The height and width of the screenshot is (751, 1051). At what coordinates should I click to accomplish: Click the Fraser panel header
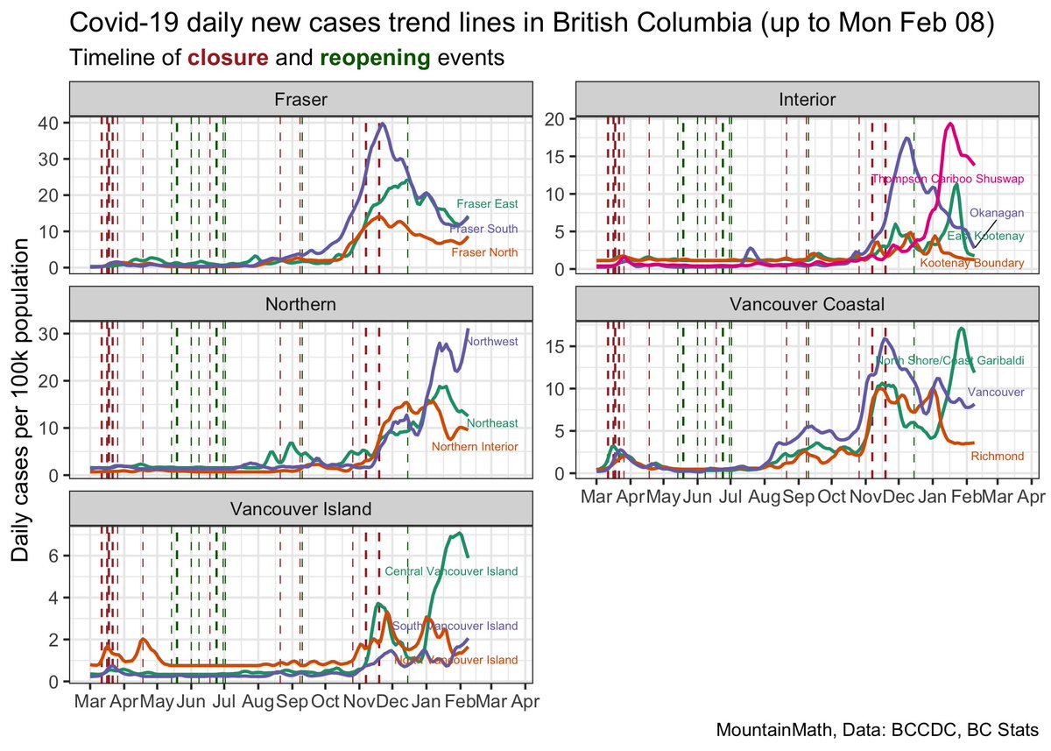[x=300, y=99]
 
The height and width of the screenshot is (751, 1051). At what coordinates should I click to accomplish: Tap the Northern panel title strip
[x=300, y=304]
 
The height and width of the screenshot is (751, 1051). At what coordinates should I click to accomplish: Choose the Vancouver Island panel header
[x=300, y=509]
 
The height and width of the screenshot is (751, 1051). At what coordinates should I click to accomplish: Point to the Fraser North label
[x=484, y=252]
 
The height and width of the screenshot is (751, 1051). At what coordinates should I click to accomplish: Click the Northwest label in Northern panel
[x=492, y=342]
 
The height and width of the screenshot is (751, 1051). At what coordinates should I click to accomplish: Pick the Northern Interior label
[x=476, y=447]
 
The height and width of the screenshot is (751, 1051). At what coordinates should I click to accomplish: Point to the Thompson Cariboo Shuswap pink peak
[x=949, y=124]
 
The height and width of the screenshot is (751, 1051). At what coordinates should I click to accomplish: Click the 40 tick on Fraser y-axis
[x=49, y=123]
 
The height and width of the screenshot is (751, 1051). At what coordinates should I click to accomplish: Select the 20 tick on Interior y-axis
[x=554, y=118]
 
